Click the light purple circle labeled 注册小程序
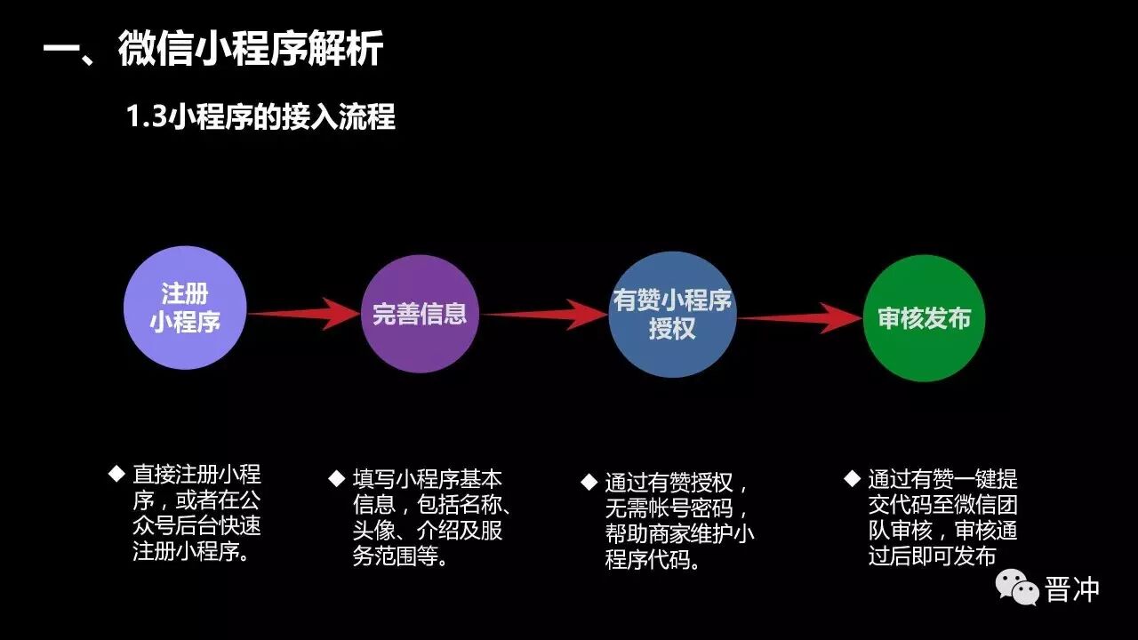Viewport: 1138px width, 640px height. point(185,308)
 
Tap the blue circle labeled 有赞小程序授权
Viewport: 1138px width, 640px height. point(672,315)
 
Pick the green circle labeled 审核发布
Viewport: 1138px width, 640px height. point(924,318)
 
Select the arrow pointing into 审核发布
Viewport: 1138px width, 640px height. point(800,318)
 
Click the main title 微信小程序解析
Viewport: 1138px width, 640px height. point(251,49)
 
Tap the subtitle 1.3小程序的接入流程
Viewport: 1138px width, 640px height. point(260,116)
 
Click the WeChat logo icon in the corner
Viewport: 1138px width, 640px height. point(1017,588)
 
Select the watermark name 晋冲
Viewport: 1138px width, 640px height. point(1073,588)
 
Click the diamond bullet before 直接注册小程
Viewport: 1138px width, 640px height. point(116,473)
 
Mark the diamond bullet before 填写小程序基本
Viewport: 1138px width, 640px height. point(336,478)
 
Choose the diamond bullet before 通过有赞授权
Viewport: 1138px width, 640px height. point(589,482)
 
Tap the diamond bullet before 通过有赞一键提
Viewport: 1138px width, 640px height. point(852,478)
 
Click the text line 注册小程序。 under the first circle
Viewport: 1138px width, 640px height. point(190,552)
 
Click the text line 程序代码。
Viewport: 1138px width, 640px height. point(653,560)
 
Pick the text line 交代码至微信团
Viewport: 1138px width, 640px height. point(942,505)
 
